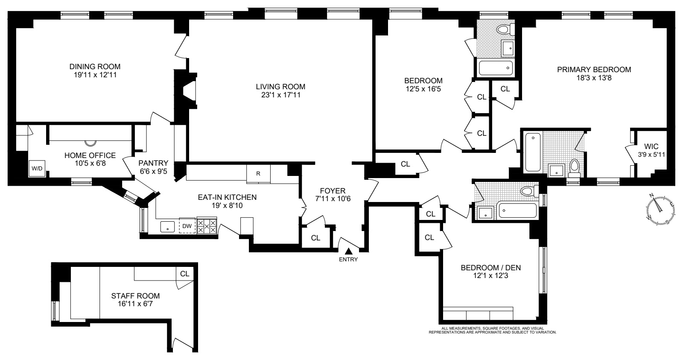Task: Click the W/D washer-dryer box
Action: [x=37, y=169]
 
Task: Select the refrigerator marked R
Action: [x=258, y=174]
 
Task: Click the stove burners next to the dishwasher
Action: [x=207, y=226]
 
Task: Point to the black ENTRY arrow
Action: [x=349, y=252]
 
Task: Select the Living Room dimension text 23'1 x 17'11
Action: [x=281, y=95]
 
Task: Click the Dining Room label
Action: [x=95, y=67]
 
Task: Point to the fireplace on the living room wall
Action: [x=187, y=92]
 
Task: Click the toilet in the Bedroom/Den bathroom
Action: [x=528, y=191]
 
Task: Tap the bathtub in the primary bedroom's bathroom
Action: [x=532, y=152]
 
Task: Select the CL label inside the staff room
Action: [x=184, y=274]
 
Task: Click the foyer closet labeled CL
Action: [x=315, y=238]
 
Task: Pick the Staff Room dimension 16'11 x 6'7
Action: [x=135, y=304]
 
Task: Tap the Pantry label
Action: [x=153, y=163]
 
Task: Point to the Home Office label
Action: [x=90, y=155]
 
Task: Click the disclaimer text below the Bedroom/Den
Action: [x=493, y=330]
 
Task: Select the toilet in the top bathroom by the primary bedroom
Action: [x=504, y=29]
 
